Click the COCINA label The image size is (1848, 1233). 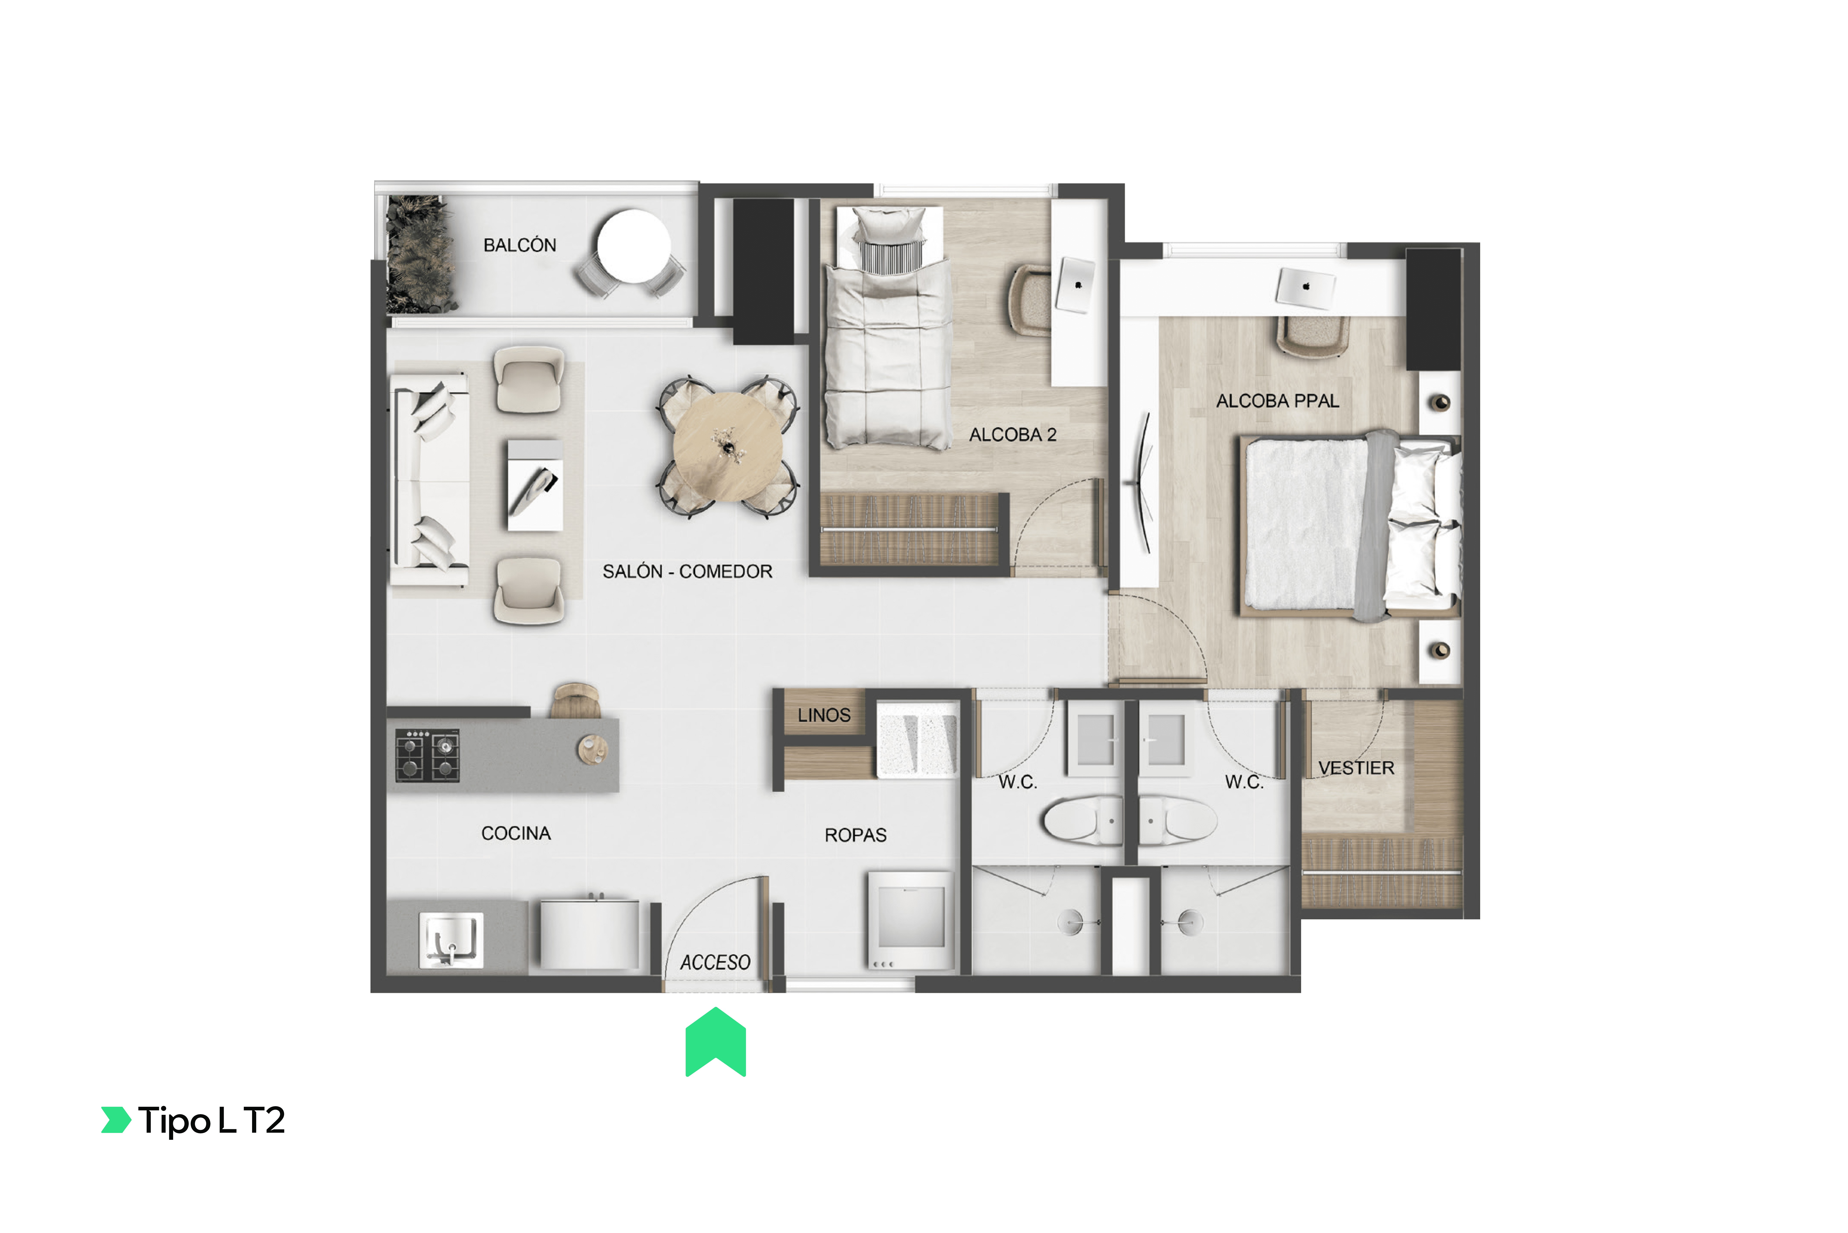516,834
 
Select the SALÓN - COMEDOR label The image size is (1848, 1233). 687,572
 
